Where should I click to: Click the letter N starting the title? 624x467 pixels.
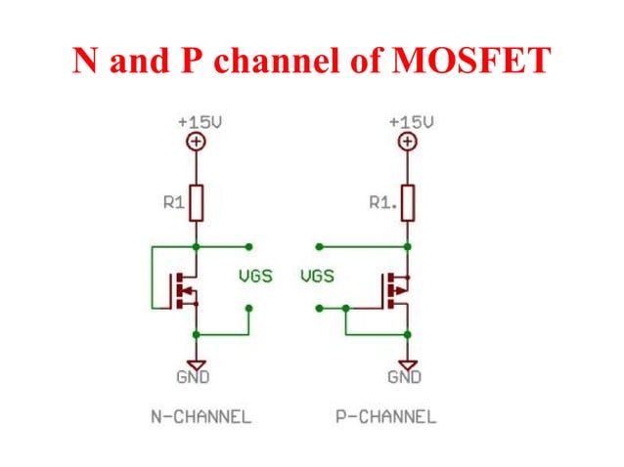(85, 62)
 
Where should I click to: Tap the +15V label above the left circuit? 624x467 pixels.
(198, 123)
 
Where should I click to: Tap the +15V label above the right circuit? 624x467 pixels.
(410, 123)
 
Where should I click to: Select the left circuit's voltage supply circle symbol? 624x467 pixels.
(197, 142)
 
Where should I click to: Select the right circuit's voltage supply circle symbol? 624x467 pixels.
(407, 142)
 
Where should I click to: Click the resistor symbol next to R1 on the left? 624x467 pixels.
(197, 203)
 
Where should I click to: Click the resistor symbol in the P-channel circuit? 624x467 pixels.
(407, 203)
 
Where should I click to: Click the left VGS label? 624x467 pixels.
(258, 276)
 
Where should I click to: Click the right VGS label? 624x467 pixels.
(317, 276)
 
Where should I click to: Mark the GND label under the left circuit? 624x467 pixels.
(193, 376)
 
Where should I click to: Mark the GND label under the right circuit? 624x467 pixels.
(404, 376)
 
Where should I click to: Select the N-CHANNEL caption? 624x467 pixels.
(200, 417)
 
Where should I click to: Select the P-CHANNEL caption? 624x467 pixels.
(385, 417)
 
